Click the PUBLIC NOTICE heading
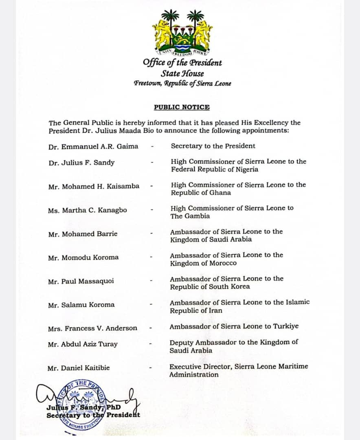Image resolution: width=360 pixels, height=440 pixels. [x=182, y=107]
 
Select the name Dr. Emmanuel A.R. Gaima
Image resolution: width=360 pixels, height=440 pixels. [x=93, y=146]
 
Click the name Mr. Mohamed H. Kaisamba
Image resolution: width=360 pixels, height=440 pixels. [x=94, y=186]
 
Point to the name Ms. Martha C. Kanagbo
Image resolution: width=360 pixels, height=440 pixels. [x=87, y=210]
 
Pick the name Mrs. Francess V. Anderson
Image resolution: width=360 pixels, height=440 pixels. [x=92, y=328]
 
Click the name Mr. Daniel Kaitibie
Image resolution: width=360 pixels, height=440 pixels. [x=78, y=368]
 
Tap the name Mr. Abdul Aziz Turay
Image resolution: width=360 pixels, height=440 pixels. [x=82, y=344]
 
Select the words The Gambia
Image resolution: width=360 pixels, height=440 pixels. [x=190, y=216]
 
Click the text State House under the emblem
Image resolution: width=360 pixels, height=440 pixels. [x=182, y=74]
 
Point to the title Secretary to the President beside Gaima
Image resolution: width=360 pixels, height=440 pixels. [x=213, y=146]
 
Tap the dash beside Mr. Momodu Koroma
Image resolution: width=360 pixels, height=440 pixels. [x=151, y=257]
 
